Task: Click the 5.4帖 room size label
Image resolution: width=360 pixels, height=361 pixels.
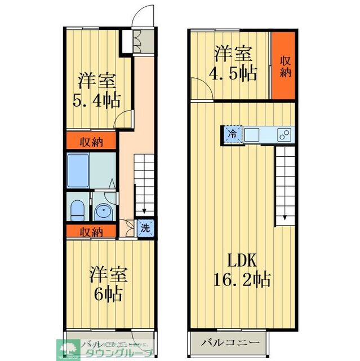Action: point(96,101)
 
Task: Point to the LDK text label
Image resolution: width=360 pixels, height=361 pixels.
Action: point(242,261)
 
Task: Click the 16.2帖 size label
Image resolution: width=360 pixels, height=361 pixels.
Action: point(242,279)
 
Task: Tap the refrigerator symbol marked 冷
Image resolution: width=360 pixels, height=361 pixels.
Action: point(232,135)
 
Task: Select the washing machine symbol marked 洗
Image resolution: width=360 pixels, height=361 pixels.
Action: point(145,228)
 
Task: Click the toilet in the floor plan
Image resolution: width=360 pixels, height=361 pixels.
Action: point(77,209)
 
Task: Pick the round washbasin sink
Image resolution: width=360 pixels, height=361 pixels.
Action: point(104,212)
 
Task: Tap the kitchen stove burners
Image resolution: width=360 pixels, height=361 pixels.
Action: point(285,135)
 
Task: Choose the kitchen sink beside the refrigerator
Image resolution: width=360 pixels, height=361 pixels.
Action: point(251,135)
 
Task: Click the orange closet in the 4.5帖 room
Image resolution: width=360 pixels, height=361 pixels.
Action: point(283,65)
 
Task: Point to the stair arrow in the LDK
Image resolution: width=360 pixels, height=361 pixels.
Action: point(285,217)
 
